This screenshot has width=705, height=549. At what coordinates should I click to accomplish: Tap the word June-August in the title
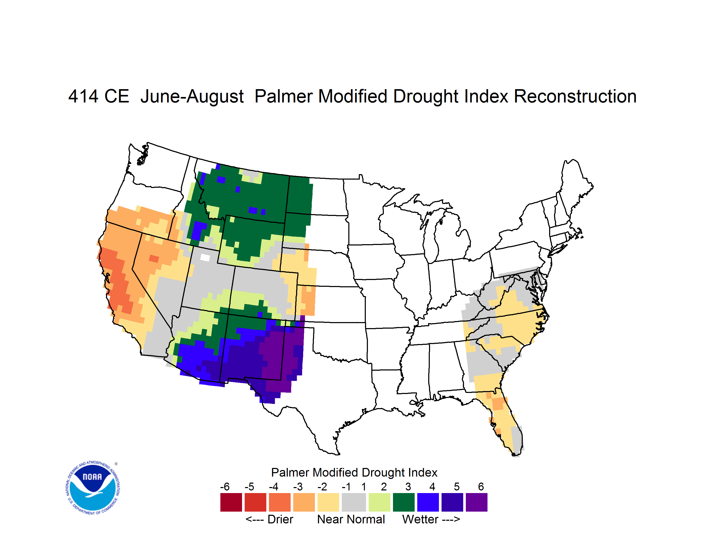click(x=192, y=97)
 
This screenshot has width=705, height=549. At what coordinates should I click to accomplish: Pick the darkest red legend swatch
click(x=231, y=502)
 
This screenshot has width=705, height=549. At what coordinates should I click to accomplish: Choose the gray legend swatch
click(x=354, y=502)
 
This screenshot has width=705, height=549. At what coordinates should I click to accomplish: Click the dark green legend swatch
click(x=403, y=502)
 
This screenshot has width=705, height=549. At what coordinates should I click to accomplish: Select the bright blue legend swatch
click(x=428, y=502)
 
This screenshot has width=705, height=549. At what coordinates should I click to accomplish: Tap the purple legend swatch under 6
click(x=477, y=502)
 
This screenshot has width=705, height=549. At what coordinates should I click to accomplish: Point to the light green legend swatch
click(x=379, y=502)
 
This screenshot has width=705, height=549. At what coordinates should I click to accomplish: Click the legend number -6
click(x=225, y=487)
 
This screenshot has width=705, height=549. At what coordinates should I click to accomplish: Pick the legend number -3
click(x=298, y=487)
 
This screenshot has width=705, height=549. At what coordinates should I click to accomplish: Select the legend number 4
click(x=432, y=487)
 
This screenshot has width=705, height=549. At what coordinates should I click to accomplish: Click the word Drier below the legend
click(x=280, y=519)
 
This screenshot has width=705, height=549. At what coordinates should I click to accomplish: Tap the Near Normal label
click(x=351, y=519)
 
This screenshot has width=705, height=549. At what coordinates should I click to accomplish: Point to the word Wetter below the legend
click(x=420, y=519)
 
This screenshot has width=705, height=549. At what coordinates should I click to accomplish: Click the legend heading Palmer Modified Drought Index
click(x=354, y=472)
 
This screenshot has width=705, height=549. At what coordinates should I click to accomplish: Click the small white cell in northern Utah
click(x=205, y=258)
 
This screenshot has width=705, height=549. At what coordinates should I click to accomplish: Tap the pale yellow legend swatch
click(x=328, y=502)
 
